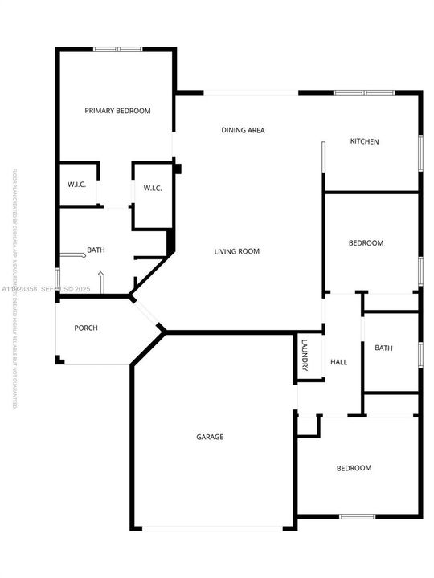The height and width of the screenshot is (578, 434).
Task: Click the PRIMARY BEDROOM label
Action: point(117,111)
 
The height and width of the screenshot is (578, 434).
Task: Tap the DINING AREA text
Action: point(243,130)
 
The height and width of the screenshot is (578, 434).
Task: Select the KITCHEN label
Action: point(364,142)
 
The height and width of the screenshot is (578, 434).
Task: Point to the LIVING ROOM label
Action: point(236,251)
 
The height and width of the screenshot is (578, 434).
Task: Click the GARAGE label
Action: point(210,437)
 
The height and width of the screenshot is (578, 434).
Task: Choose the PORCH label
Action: point(86,328)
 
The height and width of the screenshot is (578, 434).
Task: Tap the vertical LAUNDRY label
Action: point(305,355)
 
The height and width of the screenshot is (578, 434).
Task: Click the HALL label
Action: point(338,363)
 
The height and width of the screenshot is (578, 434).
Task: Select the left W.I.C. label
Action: point(76,185)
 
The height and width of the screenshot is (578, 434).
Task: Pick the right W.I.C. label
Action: point(153,189)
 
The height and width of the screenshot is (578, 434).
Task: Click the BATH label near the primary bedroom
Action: point(96,250)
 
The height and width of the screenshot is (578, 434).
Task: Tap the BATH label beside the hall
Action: point(383,348)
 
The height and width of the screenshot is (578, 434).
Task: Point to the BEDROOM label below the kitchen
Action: point(366,242)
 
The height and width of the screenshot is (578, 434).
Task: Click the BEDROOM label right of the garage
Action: point(354,468)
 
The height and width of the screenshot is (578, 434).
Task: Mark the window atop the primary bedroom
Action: point(117,50)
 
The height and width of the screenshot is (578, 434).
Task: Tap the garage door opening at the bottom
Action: point(212,527)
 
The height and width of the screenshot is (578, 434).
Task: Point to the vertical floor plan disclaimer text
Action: point(14,289)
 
